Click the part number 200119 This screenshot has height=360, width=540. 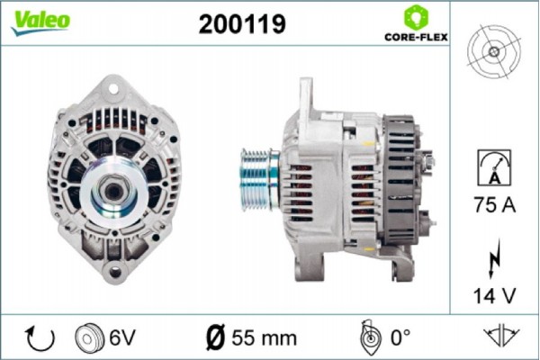tap(242, 25)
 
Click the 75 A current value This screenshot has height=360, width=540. tap(494, 204)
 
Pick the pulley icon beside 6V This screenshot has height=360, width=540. tap(90, 338)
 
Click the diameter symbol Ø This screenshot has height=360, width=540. tap(216, 338)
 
